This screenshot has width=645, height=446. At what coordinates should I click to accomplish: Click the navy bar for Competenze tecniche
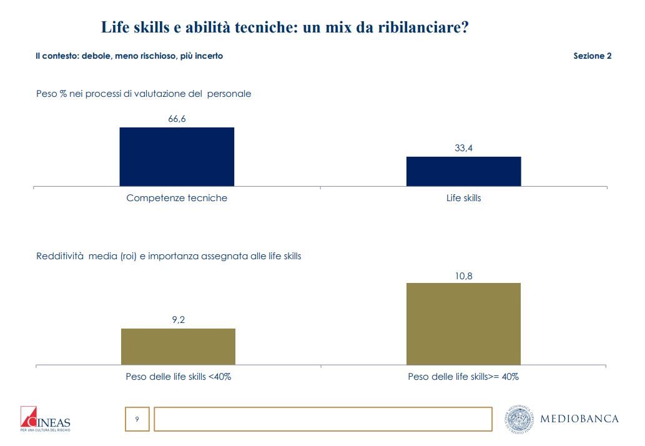pos(177,157)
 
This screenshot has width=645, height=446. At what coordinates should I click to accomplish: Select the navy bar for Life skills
pos(463,171)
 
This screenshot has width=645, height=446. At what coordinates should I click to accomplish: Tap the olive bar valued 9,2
pos(178,346)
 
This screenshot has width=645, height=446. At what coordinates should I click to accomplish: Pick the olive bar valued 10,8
pos(463,324)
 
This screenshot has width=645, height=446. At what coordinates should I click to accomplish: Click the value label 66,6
pos(177,119)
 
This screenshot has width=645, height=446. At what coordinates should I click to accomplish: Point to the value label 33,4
pos(463,149)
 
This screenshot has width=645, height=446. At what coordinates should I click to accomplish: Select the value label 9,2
pos(178,320)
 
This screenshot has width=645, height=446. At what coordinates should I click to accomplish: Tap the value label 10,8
pos(463,275)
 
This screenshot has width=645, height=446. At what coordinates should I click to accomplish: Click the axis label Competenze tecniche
pos(177,198)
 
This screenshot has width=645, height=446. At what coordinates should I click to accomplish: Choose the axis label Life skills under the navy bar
pos(463,198)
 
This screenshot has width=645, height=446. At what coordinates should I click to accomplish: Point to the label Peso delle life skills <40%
pos(179,377)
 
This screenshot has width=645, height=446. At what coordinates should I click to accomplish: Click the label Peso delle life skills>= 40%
pos(463,377)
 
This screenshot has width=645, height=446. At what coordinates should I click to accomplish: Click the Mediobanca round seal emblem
pos(519,419)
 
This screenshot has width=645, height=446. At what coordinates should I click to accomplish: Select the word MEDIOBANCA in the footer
pos(579,419)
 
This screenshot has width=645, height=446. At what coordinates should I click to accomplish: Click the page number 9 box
pos(137,419)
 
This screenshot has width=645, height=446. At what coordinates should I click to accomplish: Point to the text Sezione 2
pos(592,56)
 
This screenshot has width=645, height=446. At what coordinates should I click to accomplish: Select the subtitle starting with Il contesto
pos(129,56)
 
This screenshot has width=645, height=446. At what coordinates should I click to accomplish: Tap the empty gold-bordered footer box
pos(322,419)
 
